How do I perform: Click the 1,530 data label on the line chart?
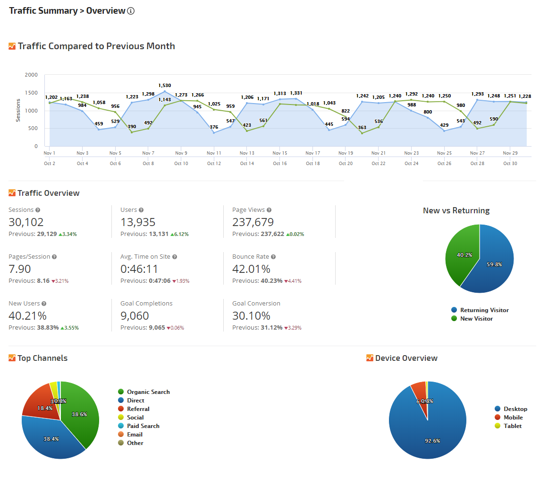165,86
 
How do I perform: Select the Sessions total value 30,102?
26,222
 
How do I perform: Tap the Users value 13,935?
138,222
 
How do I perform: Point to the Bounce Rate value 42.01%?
251,269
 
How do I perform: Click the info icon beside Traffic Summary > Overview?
131,11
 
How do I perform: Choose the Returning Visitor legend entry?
484,310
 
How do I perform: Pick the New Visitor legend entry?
476,319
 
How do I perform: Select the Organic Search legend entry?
148,392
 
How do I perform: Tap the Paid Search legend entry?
143,426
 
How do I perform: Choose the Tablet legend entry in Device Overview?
512,426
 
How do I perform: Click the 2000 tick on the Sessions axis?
32,75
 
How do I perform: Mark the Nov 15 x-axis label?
280,153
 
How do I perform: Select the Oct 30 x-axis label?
510,164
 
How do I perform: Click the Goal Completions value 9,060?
135,316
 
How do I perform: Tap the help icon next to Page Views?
269,210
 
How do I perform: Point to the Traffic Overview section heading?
48,193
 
